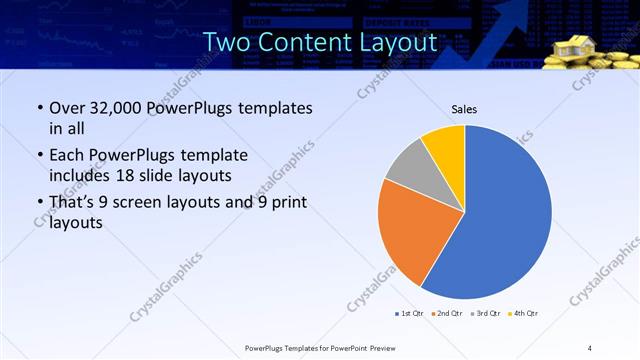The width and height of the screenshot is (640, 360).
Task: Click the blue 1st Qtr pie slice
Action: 505,215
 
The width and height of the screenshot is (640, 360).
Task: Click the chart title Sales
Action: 464,108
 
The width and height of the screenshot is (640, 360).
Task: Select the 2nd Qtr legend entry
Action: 446,314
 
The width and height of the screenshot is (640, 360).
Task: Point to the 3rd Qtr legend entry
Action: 485,314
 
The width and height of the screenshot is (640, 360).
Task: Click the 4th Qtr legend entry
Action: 524,314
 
